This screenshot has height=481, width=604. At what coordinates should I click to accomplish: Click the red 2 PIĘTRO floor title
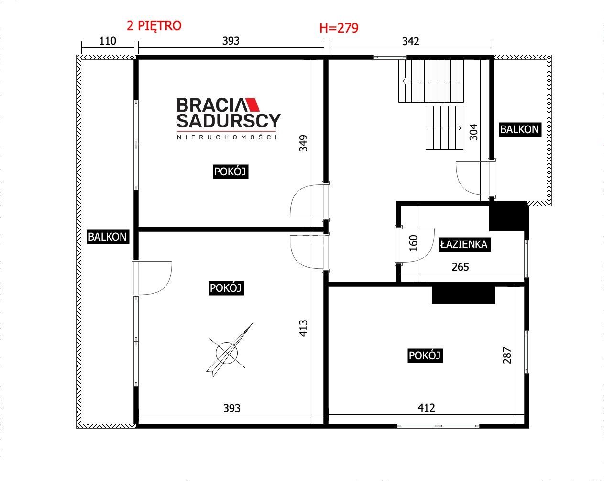click(x=154, y=25)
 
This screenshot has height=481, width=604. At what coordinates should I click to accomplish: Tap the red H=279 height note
click(x=339, y=28)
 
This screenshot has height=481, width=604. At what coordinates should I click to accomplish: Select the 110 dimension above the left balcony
click(x=108, y=41)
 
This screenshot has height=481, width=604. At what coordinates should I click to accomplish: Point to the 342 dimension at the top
click(x=411, y=41)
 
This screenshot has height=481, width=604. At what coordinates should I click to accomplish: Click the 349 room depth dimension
click(x=303, y=143)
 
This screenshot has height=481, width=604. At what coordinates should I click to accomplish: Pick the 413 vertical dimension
click(x=303, y=328)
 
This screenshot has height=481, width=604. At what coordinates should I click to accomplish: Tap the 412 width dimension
click(x=426, y=408)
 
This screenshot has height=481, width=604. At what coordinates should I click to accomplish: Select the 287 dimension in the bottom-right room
click(x=507, y=355)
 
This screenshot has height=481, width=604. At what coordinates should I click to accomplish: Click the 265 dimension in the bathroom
click(x=461, y=267)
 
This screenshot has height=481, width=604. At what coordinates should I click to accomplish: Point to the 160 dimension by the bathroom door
click(x=413, y=243)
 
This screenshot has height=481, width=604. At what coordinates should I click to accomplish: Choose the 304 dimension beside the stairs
click(x=473, y=132)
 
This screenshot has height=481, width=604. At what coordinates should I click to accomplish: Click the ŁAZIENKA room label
click(x=464, y=244)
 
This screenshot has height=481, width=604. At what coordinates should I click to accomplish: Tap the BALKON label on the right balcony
click(x=520, y=130)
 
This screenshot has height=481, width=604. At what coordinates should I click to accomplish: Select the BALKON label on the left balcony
click(x=108, y=237)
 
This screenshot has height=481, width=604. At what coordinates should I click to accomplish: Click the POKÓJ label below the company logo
click(x=231, y=172)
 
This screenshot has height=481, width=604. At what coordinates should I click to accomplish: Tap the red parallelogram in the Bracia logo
click(x=253, y=104)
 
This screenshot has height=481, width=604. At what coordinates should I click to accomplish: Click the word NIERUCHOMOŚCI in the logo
click(x=227, y=137)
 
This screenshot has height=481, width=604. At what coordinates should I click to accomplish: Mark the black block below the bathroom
click(x=463, y=295)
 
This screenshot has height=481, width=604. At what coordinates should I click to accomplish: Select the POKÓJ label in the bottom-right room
click(x=425, y=355)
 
